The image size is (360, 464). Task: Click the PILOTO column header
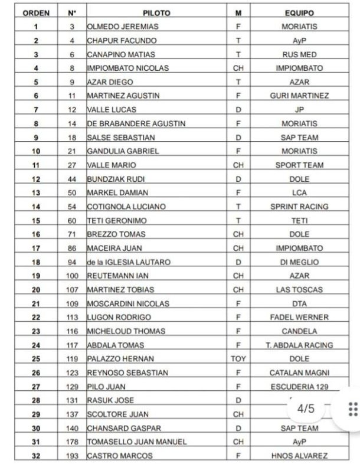click(156, 12)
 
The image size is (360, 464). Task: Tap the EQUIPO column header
click(299, 12)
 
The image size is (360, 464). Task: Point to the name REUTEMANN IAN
click(114, 276)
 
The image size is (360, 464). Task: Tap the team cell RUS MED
click(299, 54)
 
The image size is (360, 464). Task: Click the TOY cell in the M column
click(238, 358)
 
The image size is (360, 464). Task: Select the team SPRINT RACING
click(299, 207)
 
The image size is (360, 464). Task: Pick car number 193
click(71, 455)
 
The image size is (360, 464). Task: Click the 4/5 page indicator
click(306, 409)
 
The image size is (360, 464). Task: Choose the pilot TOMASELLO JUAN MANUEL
click(137, 442)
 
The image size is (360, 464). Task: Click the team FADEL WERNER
click(299, 317)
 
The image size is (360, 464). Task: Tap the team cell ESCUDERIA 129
click(299, 387)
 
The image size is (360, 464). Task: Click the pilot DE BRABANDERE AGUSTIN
click(136, 123)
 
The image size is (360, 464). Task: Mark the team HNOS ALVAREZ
click(299, 455)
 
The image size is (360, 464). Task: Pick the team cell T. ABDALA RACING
click(299, 345)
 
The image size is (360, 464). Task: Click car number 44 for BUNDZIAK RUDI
click(71, 179)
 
